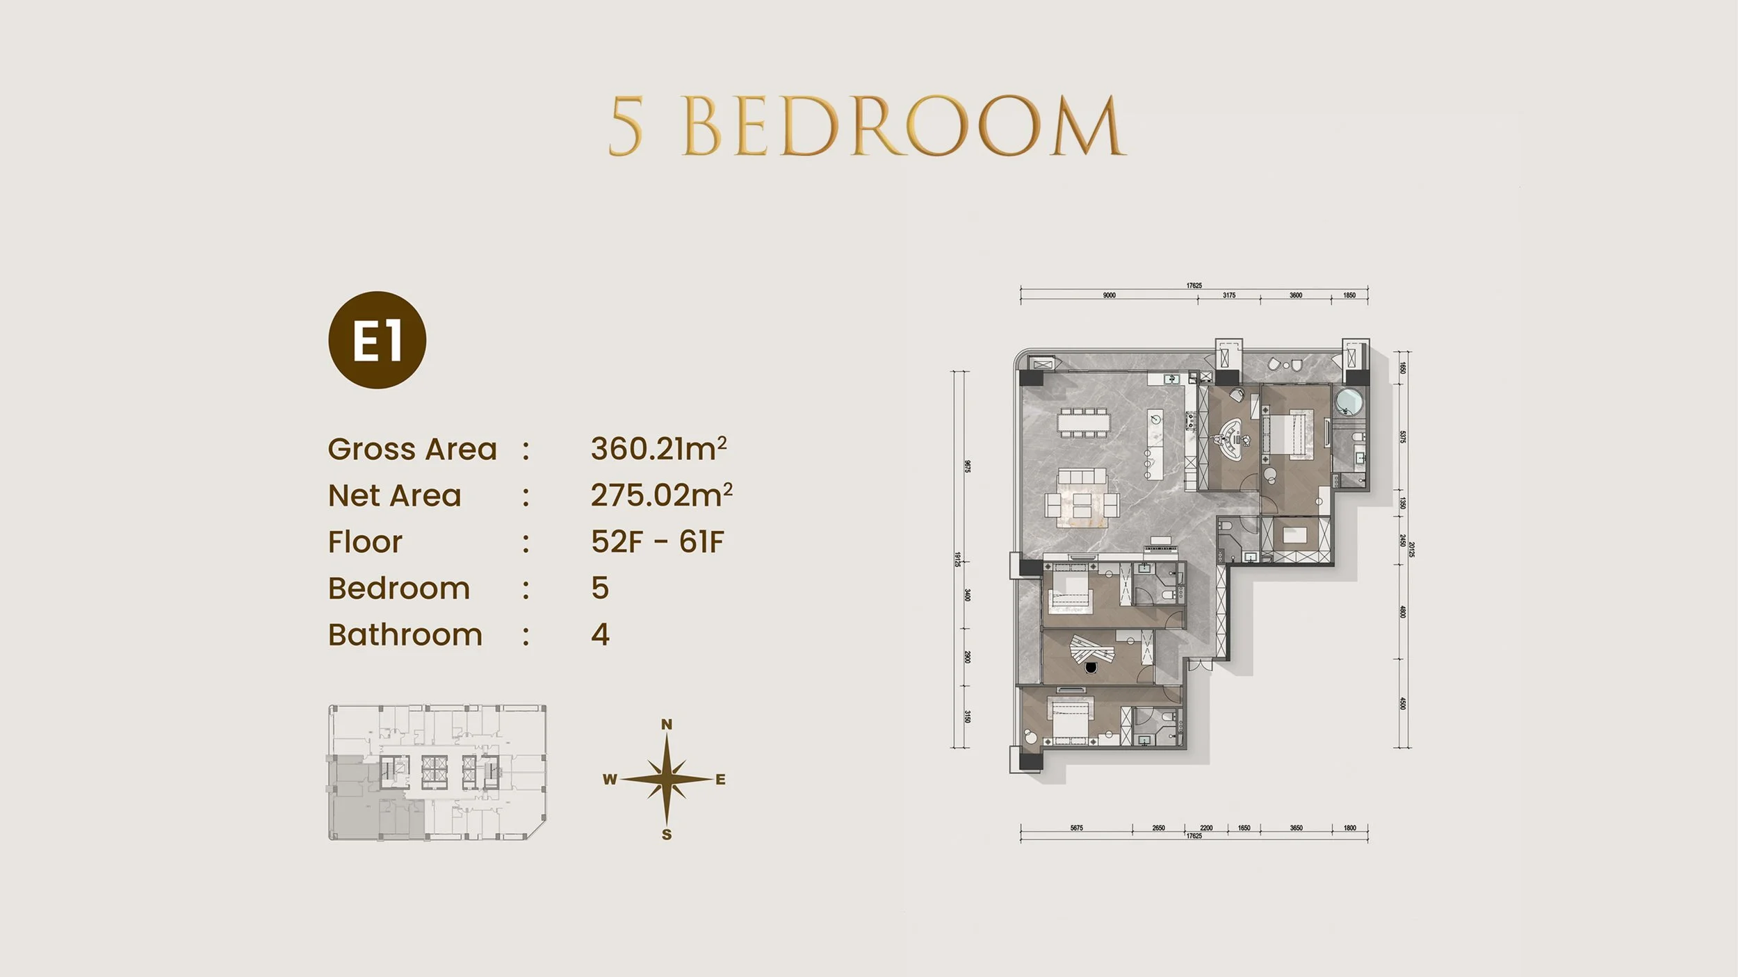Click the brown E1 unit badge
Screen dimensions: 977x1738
point(377,340)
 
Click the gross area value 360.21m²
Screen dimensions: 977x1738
point(658,449)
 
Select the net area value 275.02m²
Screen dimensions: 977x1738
point(661,495)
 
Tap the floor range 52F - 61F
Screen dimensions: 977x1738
point(657,542)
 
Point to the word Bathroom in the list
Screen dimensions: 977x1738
point(405,635)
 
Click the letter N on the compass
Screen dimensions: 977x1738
point(667,725)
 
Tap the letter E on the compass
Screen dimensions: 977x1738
point(720,780)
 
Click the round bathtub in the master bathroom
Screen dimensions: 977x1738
point(1349,402)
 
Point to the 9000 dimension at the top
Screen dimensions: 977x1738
point(1109,295)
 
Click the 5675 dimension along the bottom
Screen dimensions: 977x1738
point(1076,828)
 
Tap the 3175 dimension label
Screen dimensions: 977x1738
point(1229,295)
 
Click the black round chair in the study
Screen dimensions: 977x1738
point(1089,668)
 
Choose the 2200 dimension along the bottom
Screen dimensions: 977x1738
point(1206,828)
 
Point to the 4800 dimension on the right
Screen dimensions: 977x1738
point(1402,612)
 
